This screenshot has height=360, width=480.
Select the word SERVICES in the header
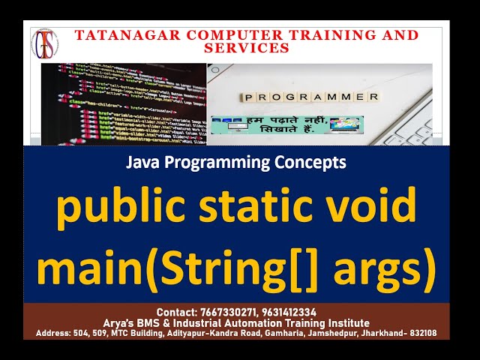247,47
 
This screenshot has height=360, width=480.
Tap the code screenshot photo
123,104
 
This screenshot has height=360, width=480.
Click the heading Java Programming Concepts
235,161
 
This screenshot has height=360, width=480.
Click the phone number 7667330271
229,312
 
